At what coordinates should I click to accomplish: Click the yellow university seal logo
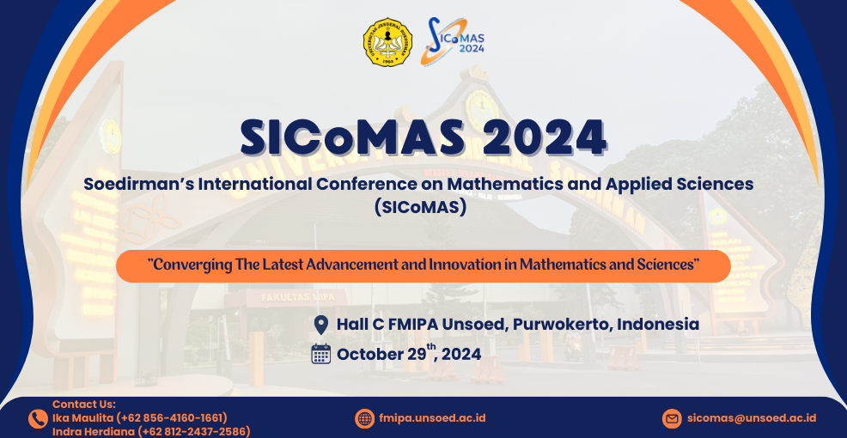[x=387, y=42]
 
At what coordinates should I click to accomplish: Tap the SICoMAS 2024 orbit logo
[x=452, y=41]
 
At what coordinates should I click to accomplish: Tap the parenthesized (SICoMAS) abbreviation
[x=420, y=208]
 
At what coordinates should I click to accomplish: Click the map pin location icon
[x=321, y=325]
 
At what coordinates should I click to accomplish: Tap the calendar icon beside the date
[x=321, y=354]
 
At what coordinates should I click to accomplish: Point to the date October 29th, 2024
[x=409, y=354]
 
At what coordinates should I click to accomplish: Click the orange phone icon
[x=38, y=419]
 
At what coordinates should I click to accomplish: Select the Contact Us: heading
[x=84, y=404]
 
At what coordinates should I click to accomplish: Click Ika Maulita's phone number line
[x=140, y=418]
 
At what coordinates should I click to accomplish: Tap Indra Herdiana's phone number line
[x=151, y=431]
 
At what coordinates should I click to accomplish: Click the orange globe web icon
[x=364, y=418]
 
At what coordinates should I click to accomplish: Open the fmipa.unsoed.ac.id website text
[x=432, y=418]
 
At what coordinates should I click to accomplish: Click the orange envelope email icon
[x=672, y=418]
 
